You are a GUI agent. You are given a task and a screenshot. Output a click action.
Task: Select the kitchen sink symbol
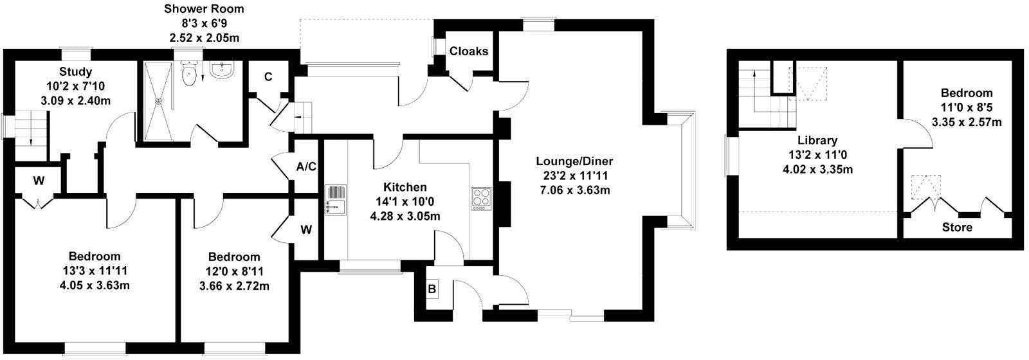click(x=335, y=199)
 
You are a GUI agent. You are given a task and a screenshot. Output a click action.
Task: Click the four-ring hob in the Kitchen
click(x=481, y=198)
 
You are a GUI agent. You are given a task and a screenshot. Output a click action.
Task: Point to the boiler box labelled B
click(x=432, y=290)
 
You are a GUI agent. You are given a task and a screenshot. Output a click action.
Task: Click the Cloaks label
click(x=468, y=51)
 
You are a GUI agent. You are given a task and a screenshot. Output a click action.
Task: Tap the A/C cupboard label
click(x=306, y=167)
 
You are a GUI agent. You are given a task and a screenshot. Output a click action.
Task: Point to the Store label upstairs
click(x=957, y=228)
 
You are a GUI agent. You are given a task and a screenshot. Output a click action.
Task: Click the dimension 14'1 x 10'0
click(x=405, y=202)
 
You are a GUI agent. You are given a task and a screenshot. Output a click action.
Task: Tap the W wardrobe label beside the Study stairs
click(x=39, y=181)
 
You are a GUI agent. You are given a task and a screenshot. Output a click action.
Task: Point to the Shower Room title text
click(x=204, y=9)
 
